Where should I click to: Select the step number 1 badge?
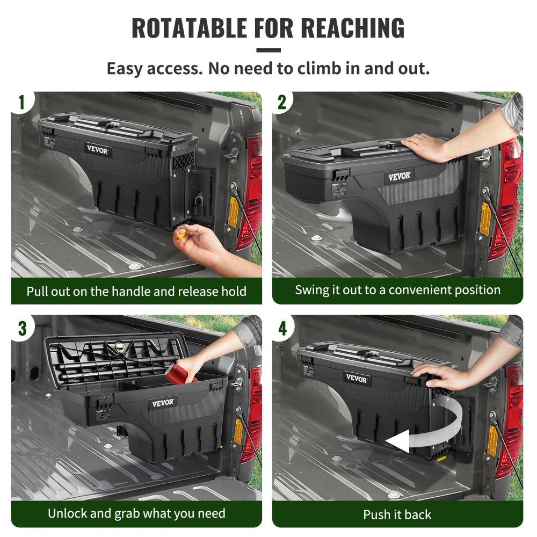coord(22,103)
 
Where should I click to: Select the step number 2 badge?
coord(282,103)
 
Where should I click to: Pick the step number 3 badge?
coord(22,328)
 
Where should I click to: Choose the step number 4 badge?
coord(282,328)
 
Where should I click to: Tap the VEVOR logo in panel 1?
coord(97,151)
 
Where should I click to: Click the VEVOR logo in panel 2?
coord(399,176)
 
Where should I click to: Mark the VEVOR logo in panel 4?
coord(357,379)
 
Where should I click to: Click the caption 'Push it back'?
coord(397,514)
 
